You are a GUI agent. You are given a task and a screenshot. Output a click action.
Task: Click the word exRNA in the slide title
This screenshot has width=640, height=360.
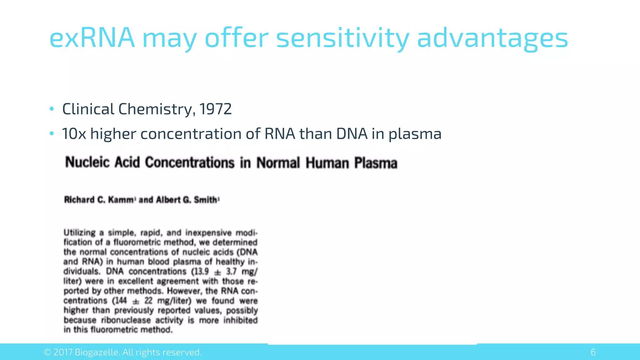click(92, 38)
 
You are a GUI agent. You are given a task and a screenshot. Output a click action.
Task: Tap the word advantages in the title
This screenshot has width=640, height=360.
click(492, 38)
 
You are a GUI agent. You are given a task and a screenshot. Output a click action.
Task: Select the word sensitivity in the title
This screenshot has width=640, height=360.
click(342, 38)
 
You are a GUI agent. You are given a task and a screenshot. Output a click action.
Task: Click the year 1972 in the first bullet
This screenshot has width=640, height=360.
click(215, 109)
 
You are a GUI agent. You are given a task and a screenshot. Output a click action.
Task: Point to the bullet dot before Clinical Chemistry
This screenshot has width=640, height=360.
click(52, 109)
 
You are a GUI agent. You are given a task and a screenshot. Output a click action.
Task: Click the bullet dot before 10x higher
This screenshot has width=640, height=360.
click(52, 134)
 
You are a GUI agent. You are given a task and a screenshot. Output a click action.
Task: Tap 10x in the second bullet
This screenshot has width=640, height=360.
click(74, 134)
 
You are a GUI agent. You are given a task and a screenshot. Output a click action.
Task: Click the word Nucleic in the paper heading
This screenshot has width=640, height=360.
click(87, 162)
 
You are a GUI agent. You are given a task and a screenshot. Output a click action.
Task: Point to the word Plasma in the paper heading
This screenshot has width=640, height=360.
click(376, 163)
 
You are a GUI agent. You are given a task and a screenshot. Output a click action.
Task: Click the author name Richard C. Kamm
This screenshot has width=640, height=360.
click(99, 200)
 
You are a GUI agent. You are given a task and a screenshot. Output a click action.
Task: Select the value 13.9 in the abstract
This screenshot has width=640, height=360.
click(202, 271)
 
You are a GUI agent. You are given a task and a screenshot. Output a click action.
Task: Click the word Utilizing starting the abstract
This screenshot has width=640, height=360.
click(79, 233)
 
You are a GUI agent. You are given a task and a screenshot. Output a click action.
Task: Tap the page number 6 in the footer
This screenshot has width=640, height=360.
click(593, 352)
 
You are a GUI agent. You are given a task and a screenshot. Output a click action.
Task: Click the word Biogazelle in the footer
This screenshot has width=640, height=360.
click(97, 352)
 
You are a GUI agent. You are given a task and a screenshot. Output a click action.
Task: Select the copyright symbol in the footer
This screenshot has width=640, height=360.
click(47, 352)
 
